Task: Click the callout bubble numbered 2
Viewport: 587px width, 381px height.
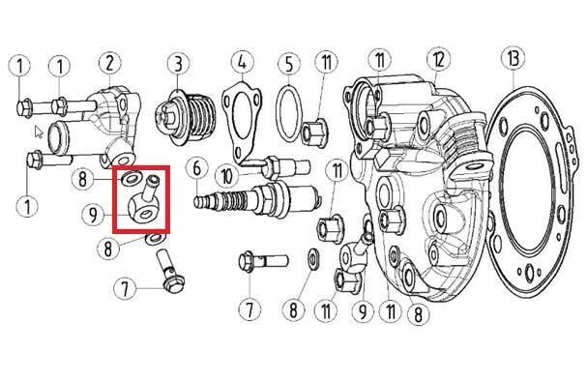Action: tap(109, 64)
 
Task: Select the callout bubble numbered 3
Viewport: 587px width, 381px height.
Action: tap(178, 65)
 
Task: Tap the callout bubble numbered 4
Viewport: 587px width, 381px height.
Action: tap(242, 62)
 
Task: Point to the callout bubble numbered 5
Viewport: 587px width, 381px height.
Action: tap(289, 64)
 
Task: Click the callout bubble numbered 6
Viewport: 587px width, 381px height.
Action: tap(197, 169)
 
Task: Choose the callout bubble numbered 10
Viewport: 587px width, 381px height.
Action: tap(227, 176)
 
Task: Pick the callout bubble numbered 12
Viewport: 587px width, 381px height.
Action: tap(438, 60)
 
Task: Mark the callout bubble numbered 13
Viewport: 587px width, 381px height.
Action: tap(514, 58)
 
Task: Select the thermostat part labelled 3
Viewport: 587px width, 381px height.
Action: tap(186, 116)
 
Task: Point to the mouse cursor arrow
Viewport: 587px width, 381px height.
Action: tap(39, 132)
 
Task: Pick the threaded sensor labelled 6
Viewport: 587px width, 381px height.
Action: tap(257, 200)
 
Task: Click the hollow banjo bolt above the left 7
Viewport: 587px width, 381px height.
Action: tap(169, 270)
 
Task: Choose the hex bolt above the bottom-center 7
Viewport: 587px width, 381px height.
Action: tap(263, 260)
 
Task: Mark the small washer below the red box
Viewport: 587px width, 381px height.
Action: tap(155, 239)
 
